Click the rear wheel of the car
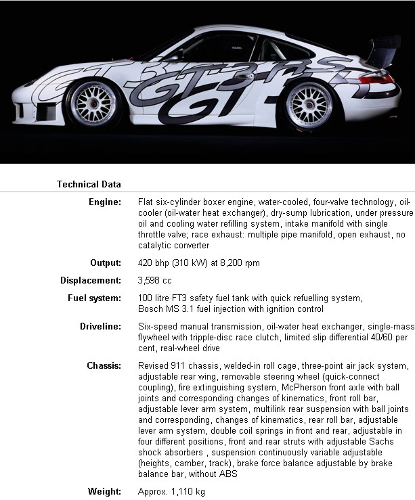[x=309, y=104]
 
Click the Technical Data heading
[x=89, y=184]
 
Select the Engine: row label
[x=105, y=202]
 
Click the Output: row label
[x=106, y=263]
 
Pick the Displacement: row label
[x=91, y=280]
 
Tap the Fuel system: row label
[x=95, y=298]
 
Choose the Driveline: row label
[x=101, y=326]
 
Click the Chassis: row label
[x=104, y=366]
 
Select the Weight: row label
[x=105, y=491]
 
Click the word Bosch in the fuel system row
[x=150, y=309]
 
